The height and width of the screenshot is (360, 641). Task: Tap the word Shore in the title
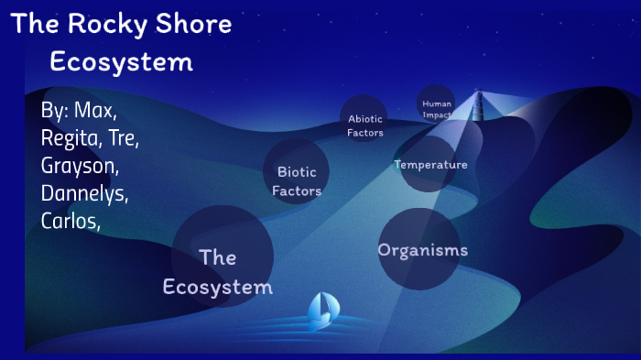tap(197, 25)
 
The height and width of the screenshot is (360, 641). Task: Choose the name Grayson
tap(80, 167)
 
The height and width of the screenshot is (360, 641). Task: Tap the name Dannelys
tap(84, 194)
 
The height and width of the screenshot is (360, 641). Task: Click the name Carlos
tap(70, 221)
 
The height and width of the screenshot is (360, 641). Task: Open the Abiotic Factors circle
tap(364, 119)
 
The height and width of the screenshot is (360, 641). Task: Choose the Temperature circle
tap(430, 165)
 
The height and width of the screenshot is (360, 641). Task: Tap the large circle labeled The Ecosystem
tap(223, 256)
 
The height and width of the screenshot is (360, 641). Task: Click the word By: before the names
tap(55, 112)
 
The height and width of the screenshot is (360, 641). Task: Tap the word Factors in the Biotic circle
tap(297, 191)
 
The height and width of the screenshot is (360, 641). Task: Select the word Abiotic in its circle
tap(364, 118)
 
